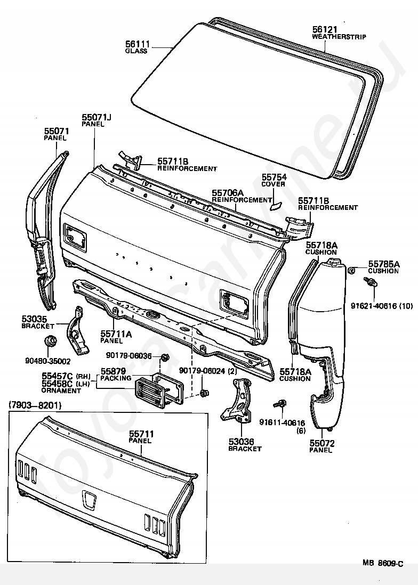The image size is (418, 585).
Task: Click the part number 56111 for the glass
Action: pyautogui.click(x=138, y=45)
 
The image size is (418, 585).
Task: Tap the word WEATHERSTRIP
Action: pyautogui.click(x=339, y=37)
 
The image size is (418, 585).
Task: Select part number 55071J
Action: pyautogui.click(x=97, y=118)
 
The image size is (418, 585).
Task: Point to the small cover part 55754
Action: pyautogui.click(x=275, y=205)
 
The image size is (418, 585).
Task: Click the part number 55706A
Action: pyautogui.click(x=228, y=193)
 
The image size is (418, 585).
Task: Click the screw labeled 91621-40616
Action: pyautogui.click(x=371, y=282)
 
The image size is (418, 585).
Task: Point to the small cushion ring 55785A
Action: pyautogui.click(x=351, y=270)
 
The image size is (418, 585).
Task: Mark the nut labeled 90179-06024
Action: pyautogui.click(x=204, y=393)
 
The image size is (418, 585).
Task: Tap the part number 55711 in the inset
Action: pyautogui.click(x=141, y=434)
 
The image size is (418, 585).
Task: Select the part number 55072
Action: pyautogui.click(x=321, y=443)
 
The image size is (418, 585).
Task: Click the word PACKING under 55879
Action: pyautogui.click(x=116, y=378)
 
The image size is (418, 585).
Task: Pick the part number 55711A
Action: pyautogui.click(x=116, y=334)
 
